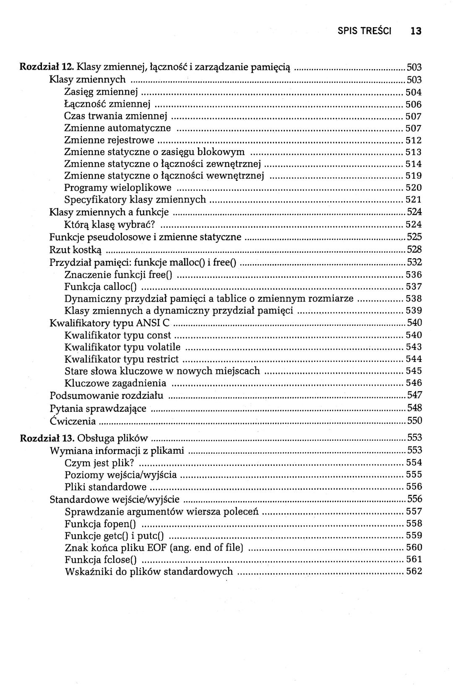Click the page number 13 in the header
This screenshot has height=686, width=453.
[x=416, y=31]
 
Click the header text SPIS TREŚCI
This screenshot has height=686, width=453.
[x=364, y=31]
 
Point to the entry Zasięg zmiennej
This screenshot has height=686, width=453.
[x=102, y=92]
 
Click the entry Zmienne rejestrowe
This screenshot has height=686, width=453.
[x=109, y=140]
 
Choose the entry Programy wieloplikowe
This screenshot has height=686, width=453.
[x=118, y=187]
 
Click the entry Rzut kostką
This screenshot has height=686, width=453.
[x=75, y=250]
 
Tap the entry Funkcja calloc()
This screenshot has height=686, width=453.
[x=101, y=287]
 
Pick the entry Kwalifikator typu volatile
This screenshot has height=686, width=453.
[x=122, y=347]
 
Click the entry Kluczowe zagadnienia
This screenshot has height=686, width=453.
[x=115, y=383]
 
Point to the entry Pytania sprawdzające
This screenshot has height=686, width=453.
[x=98, y=408]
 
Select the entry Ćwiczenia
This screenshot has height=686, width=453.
[x=73, y=421]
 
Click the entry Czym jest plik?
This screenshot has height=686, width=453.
[x=99, y=463]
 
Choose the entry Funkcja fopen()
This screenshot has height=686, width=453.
[x=102, y=524]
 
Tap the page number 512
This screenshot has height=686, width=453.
[x=414, y=140]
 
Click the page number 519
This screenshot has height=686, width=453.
[x=414, y=176]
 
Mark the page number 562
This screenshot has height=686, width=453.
[x=414, y=571]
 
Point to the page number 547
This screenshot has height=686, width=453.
[x=414, y=395]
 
